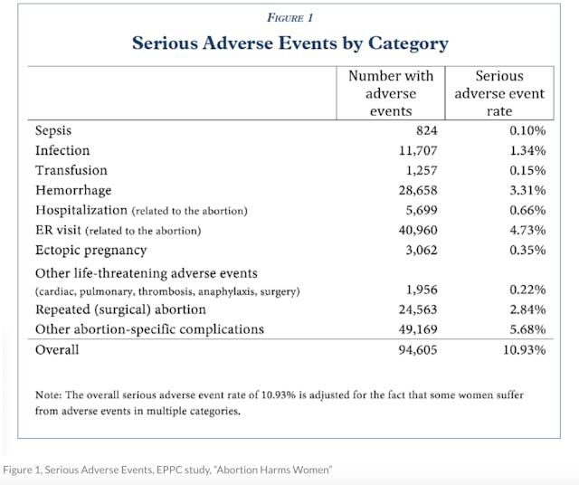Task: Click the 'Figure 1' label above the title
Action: coord(289,17)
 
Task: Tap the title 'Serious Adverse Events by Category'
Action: coord(289,43)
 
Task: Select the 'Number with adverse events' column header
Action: coord(391,92)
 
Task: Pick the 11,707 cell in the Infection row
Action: coord(414,150)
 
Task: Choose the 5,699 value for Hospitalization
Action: coord(418,210)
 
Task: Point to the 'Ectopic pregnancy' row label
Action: coord(90,250)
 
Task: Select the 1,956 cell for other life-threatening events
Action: coord(418,290)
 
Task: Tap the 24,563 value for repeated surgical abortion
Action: coord(414,309)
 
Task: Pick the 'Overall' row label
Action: coord(57,350)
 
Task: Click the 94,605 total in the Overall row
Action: coord(414,350)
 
